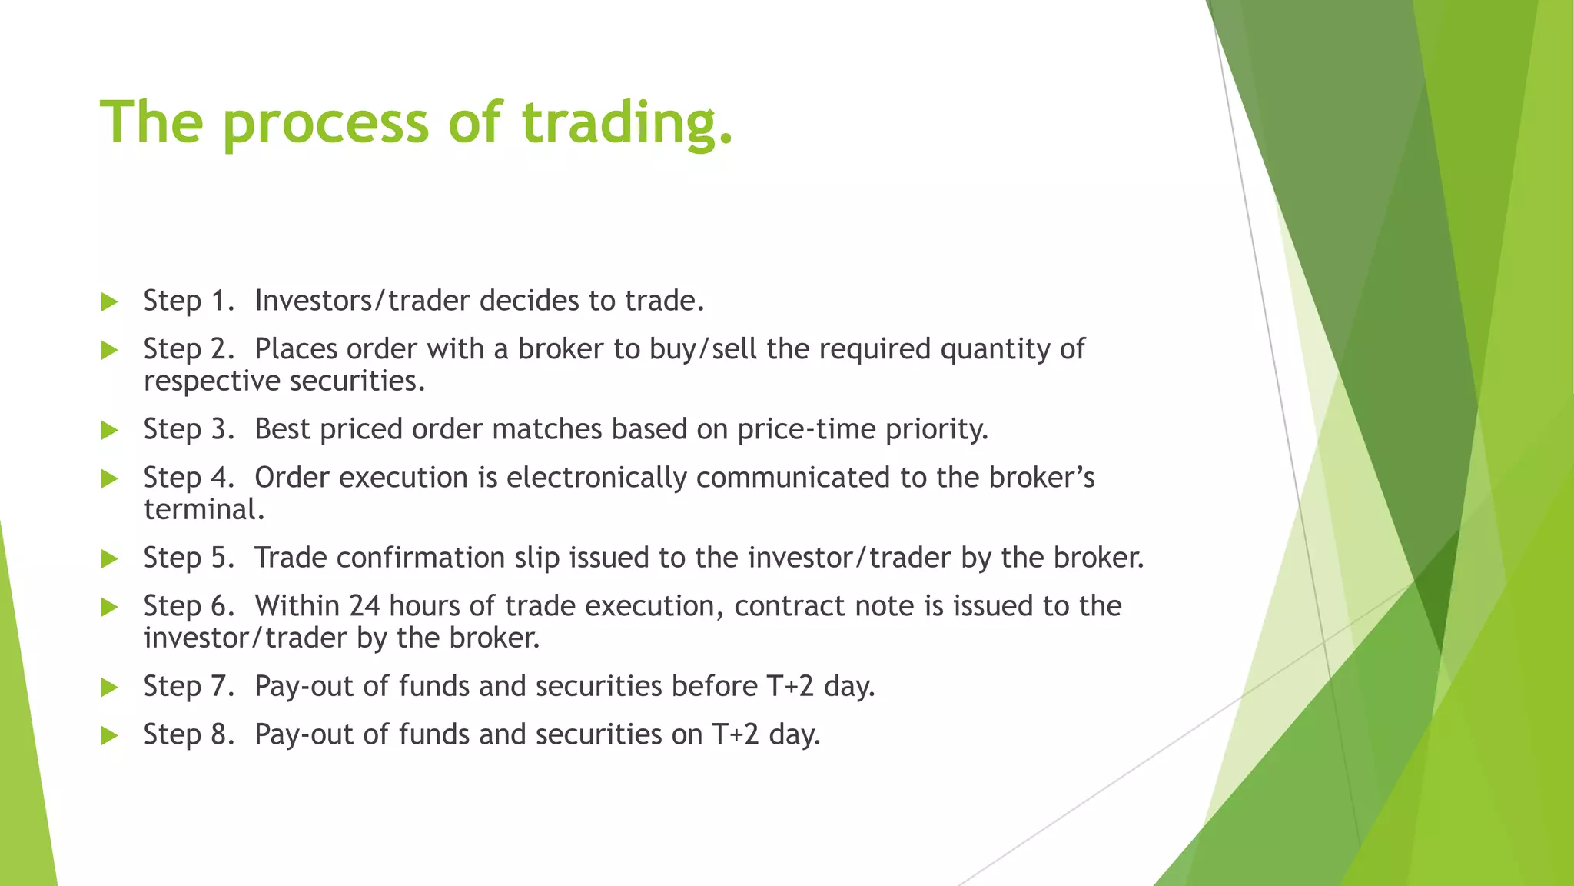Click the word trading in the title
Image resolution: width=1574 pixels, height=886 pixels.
click(626, 123)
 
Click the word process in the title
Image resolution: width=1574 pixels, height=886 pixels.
click(325, 123)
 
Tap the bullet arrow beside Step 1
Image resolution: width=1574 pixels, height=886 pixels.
click(109, 301)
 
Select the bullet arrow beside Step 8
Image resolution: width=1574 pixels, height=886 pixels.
click(109, 735)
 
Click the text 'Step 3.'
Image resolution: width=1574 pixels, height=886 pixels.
click(188, 429)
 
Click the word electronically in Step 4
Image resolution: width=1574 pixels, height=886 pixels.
click(596, 478)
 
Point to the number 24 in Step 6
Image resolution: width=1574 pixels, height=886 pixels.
click(364, 606)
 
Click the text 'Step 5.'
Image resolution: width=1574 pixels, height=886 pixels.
click(188, 558)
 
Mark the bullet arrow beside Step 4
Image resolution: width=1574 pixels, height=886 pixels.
click(109, 479)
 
